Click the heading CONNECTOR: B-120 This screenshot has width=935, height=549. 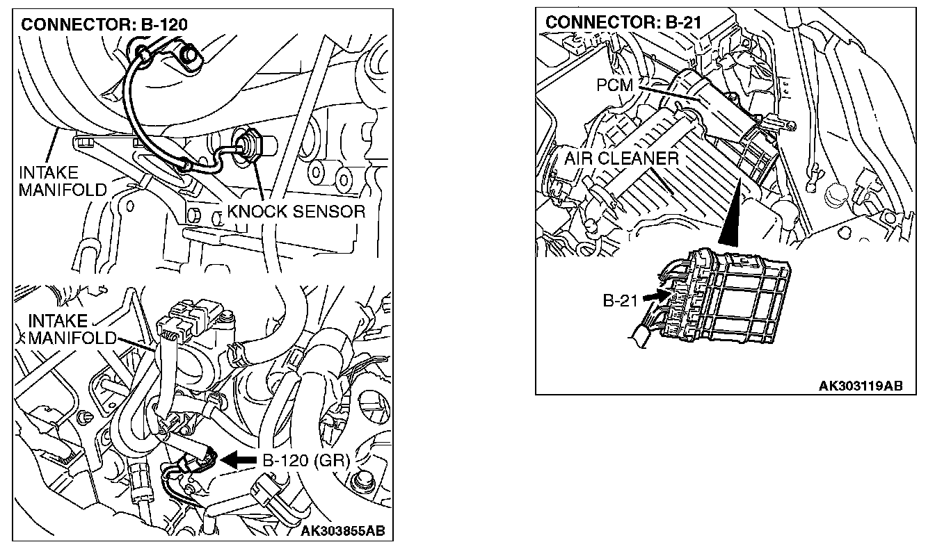click(105, 25)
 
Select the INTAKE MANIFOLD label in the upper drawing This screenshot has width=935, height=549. click(63, 181)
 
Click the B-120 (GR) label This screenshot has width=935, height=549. click(305, 459)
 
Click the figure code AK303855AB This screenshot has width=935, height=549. click(342, 532)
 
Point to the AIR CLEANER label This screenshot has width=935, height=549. click(621, 158)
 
